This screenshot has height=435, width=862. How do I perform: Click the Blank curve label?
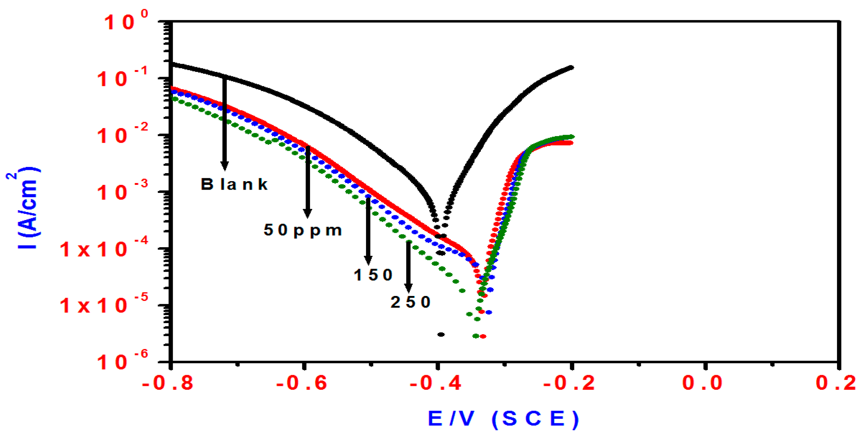234,184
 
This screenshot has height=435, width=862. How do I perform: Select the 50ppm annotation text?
303,230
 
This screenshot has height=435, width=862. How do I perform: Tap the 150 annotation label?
373,275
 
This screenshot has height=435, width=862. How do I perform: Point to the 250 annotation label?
410,302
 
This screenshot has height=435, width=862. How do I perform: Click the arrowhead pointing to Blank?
224,166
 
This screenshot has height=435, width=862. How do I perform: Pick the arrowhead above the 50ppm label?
307,213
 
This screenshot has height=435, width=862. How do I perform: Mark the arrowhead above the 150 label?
368,260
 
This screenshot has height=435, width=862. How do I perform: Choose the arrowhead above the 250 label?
408,288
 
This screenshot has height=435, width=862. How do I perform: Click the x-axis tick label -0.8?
168,383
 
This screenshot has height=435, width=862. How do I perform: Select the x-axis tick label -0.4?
435,383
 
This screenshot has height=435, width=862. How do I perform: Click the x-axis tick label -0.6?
302,383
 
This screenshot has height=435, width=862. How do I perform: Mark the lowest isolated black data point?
441,335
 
